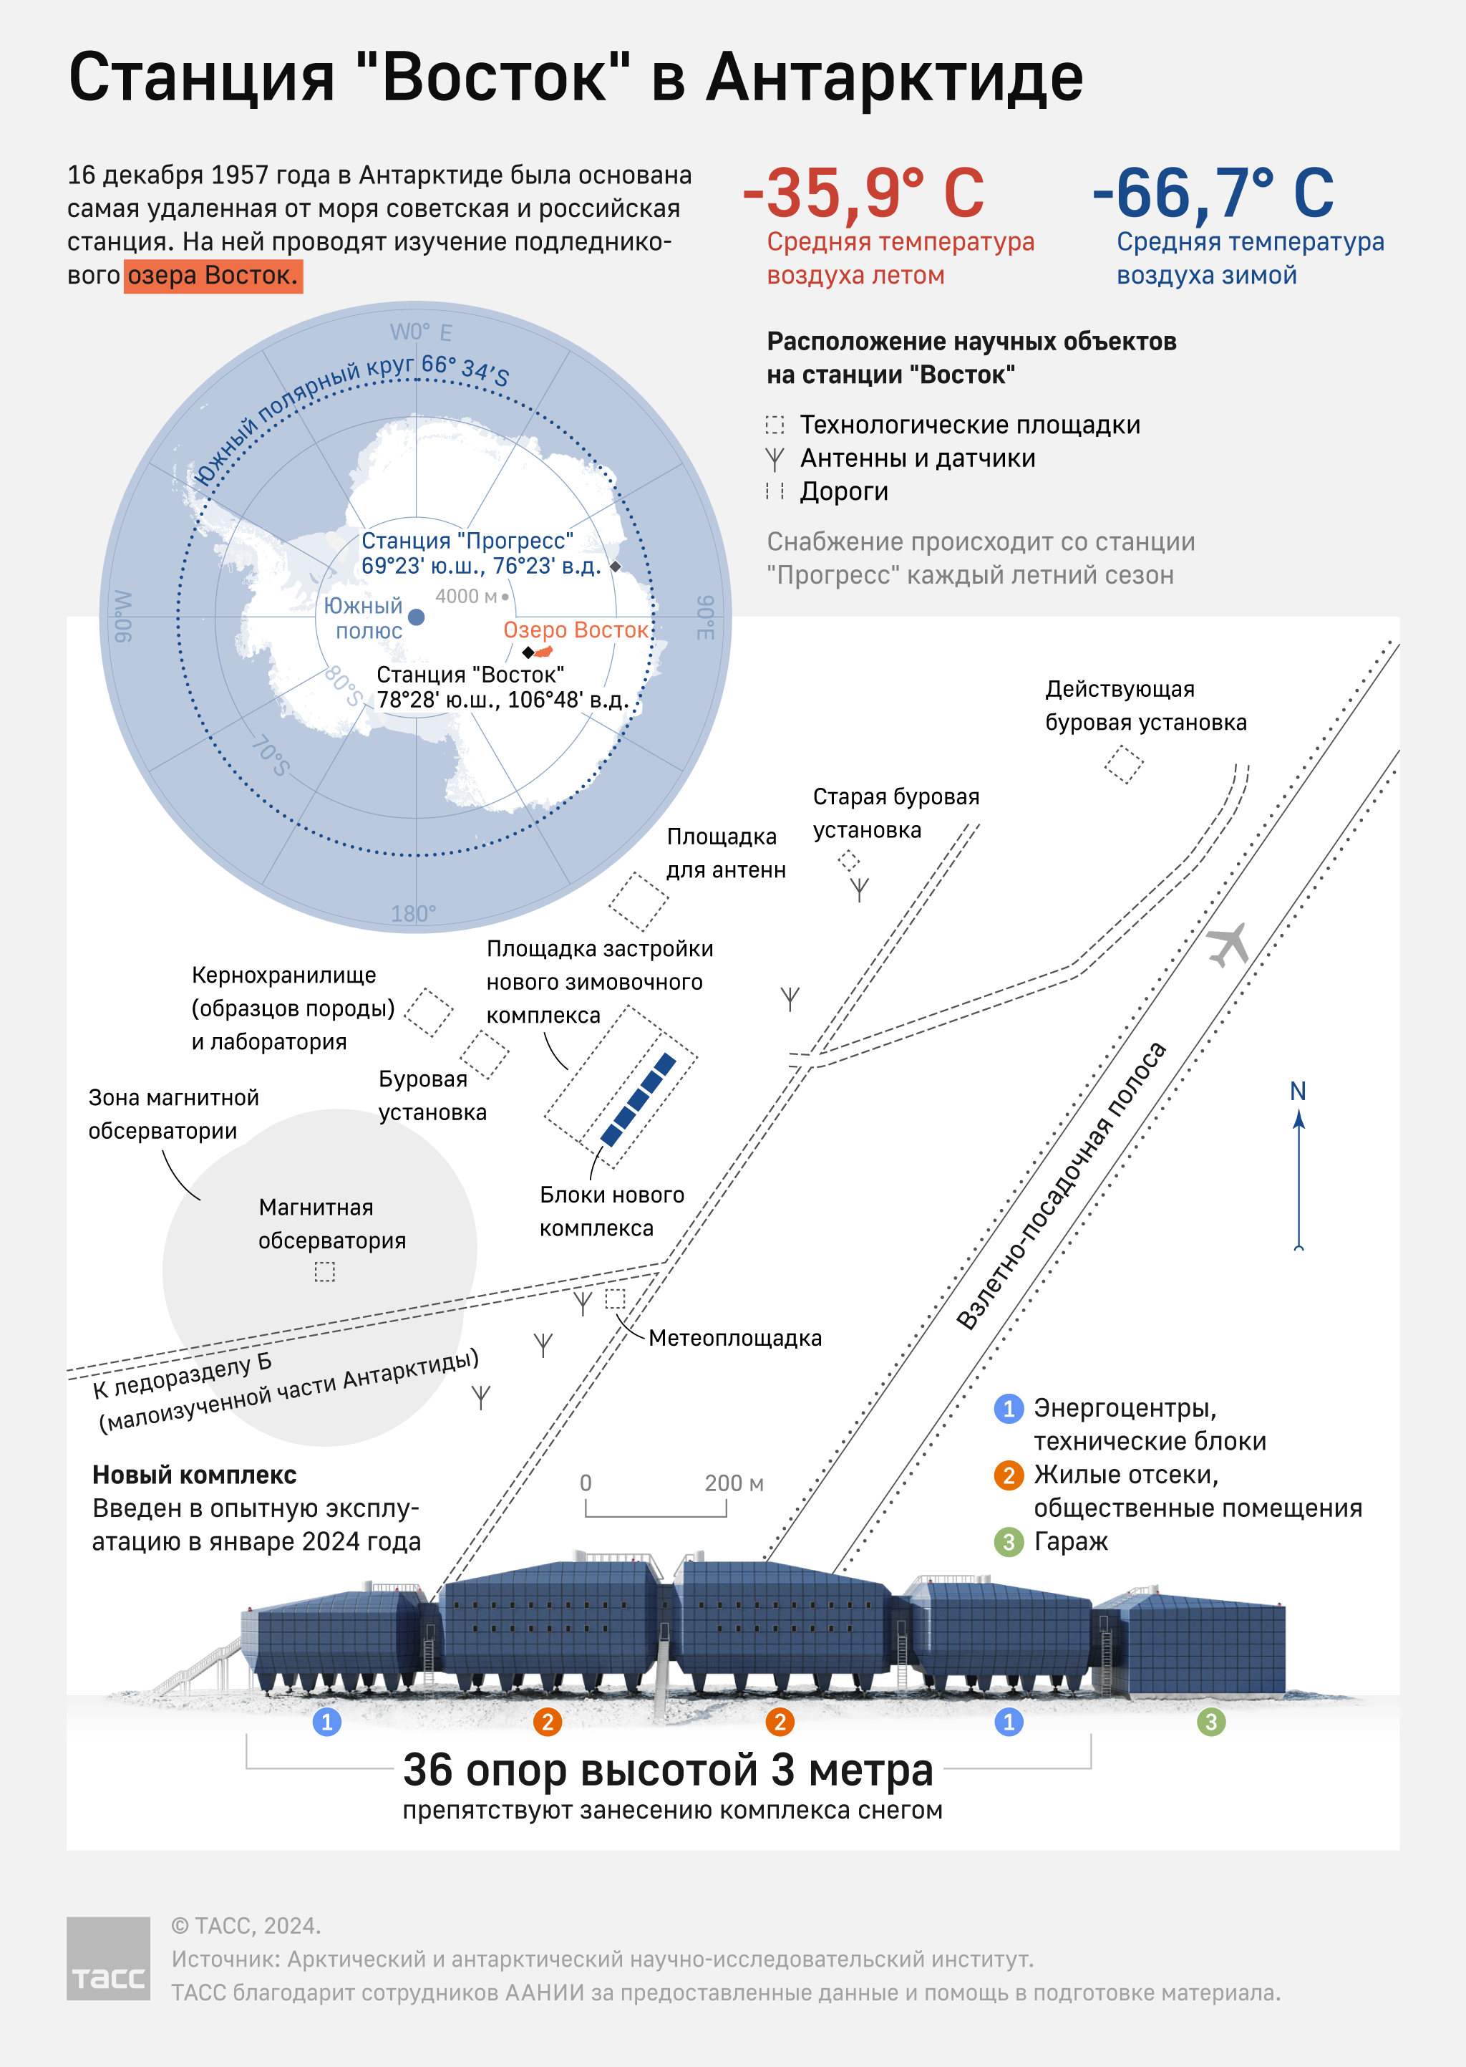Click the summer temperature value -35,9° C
863,193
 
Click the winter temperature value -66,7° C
1213,193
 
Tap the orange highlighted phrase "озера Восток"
213,276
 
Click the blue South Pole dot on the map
416,617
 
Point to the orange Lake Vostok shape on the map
543,651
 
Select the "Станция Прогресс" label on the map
467,540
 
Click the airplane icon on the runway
1228,945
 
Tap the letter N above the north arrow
1298,1091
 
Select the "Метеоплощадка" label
735,1339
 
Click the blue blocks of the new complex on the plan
639,1099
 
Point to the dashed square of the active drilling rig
1124,764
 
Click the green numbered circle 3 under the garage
1210,1722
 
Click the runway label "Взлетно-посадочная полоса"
1061,1185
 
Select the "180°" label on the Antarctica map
414,914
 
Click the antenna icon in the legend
775,458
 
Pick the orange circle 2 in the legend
1009,1475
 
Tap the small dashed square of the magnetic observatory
325,1271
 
